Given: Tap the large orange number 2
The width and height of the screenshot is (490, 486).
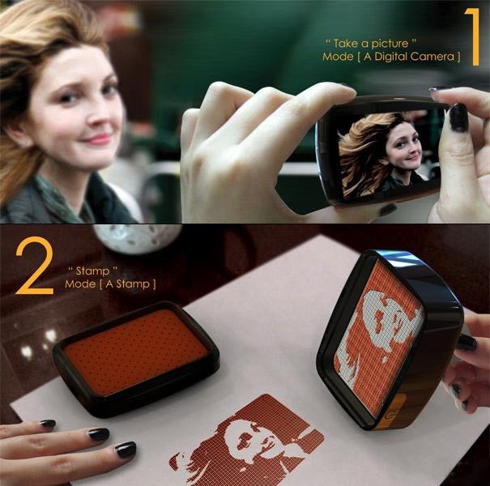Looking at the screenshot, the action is click(35, 266).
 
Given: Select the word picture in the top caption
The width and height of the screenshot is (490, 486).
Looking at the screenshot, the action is click(390, 44).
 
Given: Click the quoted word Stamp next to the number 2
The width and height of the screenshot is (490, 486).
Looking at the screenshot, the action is click(93, 271).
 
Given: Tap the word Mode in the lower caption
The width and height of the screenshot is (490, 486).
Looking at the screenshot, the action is click(80, 283).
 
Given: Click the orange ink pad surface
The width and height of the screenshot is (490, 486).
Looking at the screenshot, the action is click(136, 349).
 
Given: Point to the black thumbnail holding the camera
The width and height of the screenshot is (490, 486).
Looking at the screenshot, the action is click(458, 117).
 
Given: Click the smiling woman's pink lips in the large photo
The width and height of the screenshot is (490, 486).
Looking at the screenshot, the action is click(98, 138).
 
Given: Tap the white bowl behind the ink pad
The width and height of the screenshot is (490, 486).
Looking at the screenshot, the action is click(138, 237).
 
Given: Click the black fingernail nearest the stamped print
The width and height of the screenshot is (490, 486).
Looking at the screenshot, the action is click(126, 449).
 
